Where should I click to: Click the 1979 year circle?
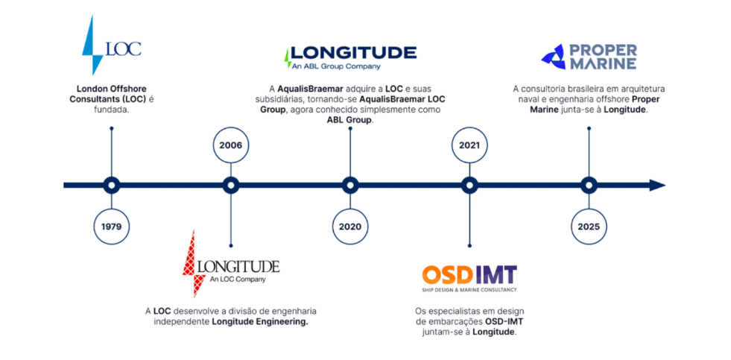coord(112,226)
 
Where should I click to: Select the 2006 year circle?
coord(230,145)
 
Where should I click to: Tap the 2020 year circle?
coord(349,226)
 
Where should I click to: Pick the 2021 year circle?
coord(469,145)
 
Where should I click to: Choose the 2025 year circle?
coord(588,226)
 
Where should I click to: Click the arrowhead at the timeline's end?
coord(657,186)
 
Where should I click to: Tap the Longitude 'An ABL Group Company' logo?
coord(350,56)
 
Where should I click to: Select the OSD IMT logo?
coord(469,277)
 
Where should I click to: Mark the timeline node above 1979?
coord(112,186)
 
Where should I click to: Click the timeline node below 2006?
coord(230,186)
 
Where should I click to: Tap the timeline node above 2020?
coord(349,186)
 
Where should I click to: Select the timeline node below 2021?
coord(469,186)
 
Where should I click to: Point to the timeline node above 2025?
coord(588,186)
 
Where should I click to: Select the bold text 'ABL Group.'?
coord(349,120)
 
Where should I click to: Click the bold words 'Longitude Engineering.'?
coord(260,322)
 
